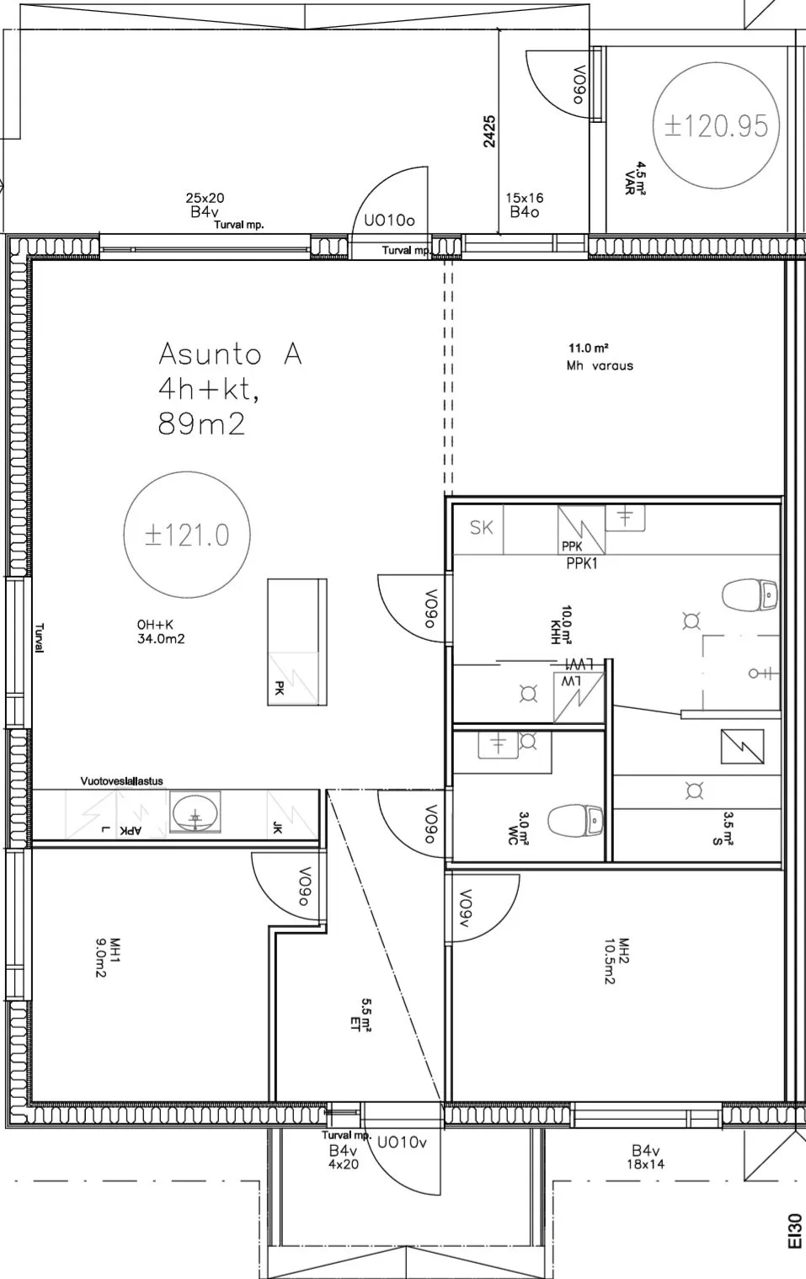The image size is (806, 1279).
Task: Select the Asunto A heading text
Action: [230, 354]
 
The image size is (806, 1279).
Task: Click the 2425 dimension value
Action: [489, 131]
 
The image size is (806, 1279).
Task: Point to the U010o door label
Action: [390, 221]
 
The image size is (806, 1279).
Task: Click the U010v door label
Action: [402, 1143]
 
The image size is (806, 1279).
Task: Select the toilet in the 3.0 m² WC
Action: [575, 820]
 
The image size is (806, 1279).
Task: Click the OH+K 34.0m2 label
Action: [161, 632]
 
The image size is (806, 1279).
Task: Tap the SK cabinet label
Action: [481, 528]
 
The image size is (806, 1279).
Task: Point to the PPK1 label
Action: [581, 563]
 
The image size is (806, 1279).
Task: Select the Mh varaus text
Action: [600, 365]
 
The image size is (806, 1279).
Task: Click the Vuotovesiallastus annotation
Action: [121, 781]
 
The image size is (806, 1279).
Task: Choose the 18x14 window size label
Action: [645, 1164]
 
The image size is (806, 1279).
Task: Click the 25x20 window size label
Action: [205, 198]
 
